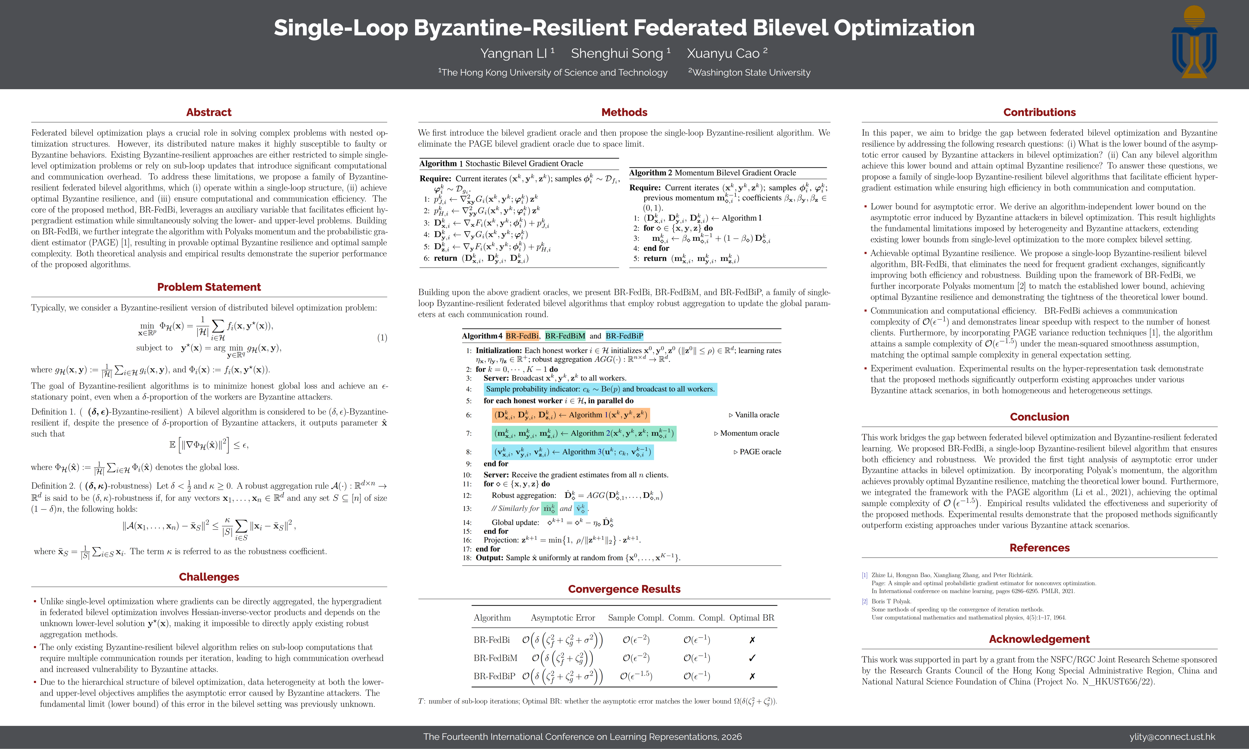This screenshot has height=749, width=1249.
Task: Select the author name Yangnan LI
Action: click(x=514, y=54)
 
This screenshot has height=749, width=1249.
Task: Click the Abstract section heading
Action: click(x=208, y=112)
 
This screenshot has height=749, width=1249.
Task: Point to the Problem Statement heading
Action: click(x=208, y=287)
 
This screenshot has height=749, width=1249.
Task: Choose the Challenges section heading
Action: click(x=208, y=577)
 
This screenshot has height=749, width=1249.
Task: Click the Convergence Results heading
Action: click(x=624, y=589)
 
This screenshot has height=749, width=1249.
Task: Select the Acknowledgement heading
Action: click(x=1039, y=639)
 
